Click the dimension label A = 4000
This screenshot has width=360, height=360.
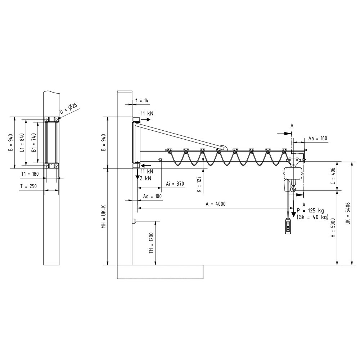point(215,204)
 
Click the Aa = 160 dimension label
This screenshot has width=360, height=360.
point(318,138)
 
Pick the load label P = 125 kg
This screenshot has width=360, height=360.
point(312,210)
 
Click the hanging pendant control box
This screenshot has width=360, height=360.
point(288,226)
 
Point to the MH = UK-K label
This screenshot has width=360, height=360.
point(103,217)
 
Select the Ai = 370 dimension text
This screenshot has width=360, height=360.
point(175,184)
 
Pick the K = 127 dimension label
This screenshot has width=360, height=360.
point(199,184)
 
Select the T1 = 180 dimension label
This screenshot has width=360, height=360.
point(30,174)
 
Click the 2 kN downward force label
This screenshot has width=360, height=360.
point(145,178)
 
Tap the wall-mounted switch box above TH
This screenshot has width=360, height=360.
point(134,221)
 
